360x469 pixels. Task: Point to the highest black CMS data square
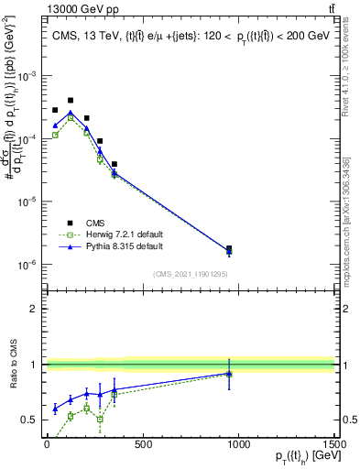(x=71, y=100)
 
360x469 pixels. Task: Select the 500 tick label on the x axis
(x=142, y=444)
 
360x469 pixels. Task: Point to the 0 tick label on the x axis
(x=47, y=444)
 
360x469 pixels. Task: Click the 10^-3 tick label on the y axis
(x=30, y=76)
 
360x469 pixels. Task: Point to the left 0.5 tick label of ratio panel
(x=32, y=420)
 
